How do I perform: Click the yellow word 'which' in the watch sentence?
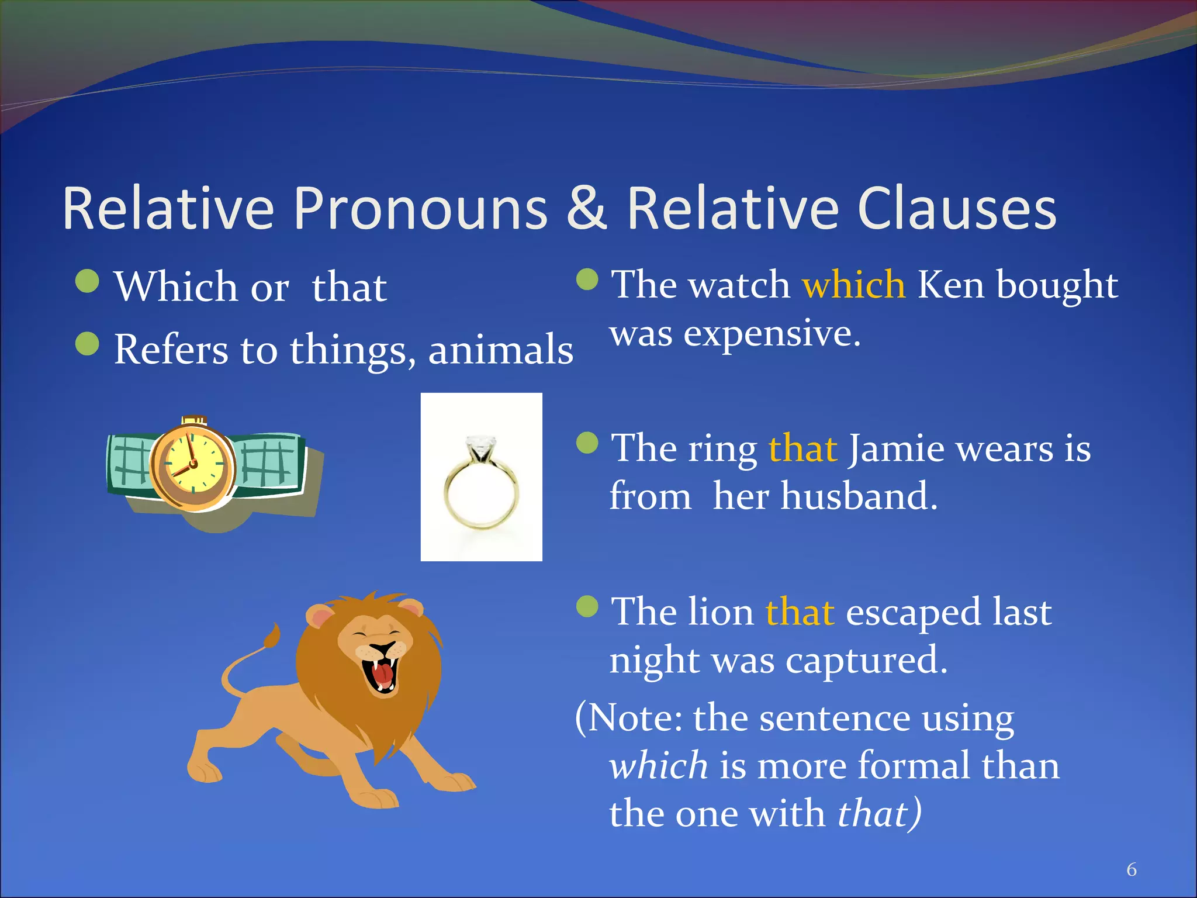pyautogui.click(x=853, y=285)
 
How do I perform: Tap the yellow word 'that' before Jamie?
pyautogui.click(x=802, y=449)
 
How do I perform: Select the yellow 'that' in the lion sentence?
pyautogui.click(x=800, y=612)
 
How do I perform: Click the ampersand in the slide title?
pyautogui.click(x=586, y=209)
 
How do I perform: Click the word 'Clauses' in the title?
pyautogui.click(x=957, y=209)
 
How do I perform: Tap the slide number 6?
pyautogui.click(x=1132, y=869)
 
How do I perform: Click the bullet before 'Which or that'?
pyautogui.click(x=88, y=281)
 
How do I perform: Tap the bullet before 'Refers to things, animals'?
pyautogui.click(x=88, y=344)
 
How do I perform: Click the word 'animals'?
pyautogui.click(x=500, y=350)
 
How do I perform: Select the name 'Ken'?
pyautogui.click(x=950, y=285)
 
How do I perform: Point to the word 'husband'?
pyautogui.click(x=859, y=496)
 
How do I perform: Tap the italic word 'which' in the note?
pyautogui.click(x=658, y=766)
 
